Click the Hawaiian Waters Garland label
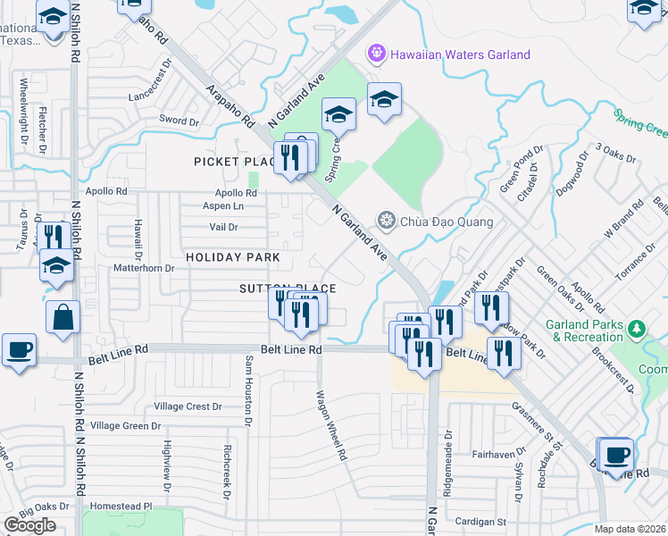460,54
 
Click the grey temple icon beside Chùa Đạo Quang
386,220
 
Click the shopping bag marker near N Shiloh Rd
63,318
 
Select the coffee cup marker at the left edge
19,350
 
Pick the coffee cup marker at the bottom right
614,456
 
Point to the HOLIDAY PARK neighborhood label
232,257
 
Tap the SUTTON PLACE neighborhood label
288,289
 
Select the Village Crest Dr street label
188,406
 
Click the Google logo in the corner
30,525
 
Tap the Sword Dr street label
179,121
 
